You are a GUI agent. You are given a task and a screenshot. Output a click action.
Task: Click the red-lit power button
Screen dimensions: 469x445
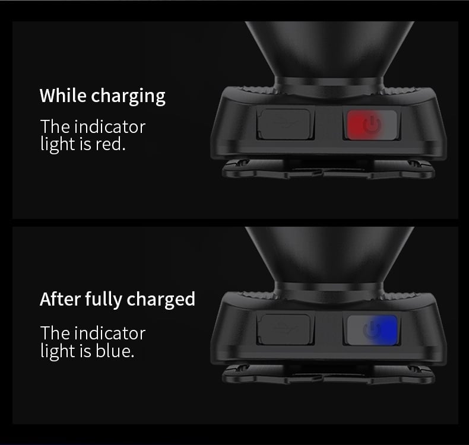[x=372, y=125]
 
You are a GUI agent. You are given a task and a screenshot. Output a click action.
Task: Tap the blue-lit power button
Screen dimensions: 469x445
[x=372, y=330]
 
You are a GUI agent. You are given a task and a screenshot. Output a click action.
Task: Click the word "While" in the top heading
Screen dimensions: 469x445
[x=63, y=96]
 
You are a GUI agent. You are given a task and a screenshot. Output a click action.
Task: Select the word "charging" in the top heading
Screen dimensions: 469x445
[x=128, y=97]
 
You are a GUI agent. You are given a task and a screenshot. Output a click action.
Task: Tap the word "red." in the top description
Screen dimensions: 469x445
[x=110, y=144]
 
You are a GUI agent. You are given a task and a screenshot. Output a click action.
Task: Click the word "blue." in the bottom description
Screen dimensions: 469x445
[x=115, y=351]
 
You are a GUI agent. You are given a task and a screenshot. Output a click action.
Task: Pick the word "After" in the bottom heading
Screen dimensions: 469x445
[x=60, y=299]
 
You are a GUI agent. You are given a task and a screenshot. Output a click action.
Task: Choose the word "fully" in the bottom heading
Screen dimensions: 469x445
[x=103, y=300]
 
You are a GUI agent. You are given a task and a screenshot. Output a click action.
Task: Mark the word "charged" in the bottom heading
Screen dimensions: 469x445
[x=161, y=300]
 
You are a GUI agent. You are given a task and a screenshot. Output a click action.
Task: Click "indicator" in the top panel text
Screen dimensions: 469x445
[x=110, y=127]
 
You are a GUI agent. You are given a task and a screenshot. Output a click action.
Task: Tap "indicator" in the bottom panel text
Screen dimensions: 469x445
[x=110, y=333]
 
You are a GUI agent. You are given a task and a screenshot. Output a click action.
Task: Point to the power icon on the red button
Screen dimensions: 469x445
[x=372, y=125]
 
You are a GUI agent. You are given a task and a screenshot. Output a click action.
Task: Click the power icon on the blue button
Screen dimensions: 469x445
[x=372, y=330]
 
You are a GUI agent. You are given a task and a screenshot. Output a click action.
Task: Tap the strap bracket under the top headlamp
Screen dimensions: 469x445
[x=328, y=169]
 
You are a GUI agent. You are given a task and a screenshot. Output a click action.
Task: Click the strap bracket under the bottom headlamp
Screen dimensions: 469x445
[x=328, y=374]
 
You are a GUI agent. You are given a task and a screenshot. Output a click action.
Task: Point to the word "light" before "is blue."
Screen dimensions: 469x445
[x=58, y=351]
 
